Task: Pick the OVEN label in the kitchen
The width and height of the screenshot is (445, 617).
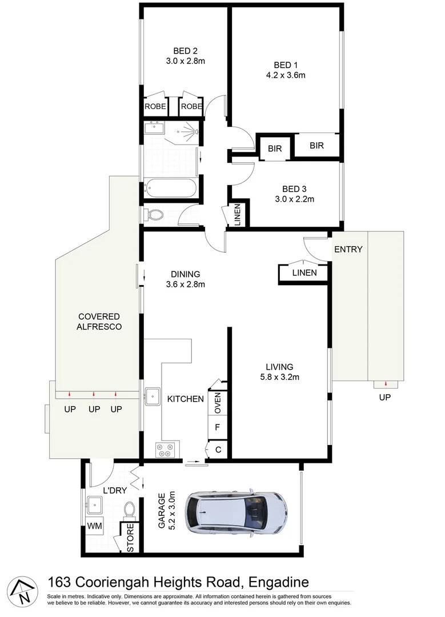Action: coord(218,403)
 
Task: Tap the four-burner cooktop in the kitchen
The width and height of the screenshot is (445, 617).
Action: coord(167,450)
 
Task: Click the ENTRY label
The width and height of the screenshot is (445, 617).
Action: coord(348,249)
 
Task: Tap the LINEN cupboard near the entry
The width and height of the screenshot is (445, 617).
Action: coord(304,273)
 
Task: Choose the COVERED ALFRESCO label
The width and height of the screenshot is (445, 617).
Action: coord(99,322)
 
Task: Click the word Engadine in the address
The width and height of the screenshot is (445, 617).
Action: coord(278,582)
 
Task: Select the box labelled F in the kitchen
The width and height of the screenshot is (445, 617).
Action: coord(218,426)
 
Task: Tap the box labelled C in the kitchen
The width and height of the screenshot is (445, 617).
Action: coord(218,450)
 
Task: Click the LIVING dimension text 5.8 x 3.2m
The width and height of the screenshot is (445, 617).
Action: coord(279,376)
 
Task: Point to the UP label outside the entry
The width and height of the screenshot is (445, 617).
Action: coord(385,397)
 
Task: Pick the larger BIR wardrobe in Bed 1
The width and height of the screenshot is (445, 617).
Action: coord(317,146)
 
